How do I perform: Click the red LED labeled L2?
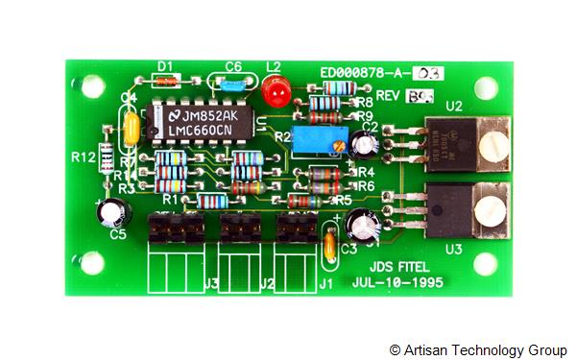(276, 91)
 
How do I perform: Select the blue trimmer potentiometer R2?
(311, 141)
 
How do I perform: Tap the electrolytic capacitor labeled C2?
(364, 145)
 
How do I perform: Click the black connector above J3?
(176, 229)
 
